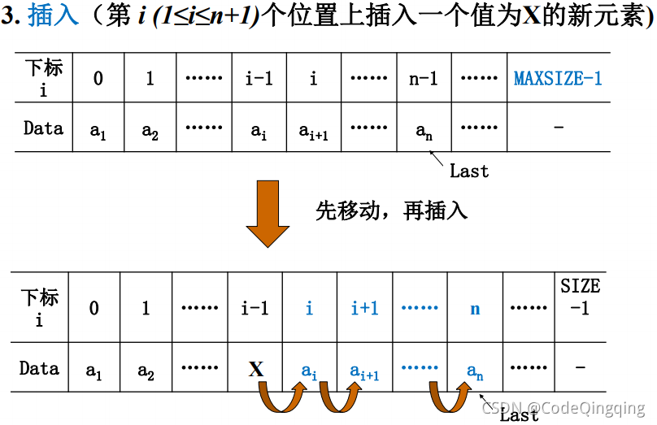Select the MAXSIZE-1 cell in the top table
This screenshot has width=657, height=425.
tap(558, 79)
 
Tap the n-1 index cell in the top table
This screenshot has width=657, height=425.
tap(424, 79)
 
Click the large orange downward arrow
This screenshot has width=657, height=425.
tap(268, 213)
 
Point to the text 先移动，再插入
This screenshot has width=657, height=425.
tap(391, 210)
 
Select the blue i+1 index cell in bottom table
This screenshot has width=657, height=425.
tap(364, 308)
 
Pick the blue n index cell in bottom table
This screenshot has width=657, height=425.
tap(475, 308)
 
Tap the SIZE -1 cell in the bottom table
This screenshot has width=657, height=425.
tap(580, 297)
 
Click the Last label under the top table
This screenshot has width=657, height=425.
tap(469, 171)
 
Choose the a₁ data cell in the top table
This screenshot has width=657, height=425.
tap(98, 129)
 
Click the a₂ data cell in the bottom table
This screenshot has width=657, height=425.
tap(146, 371)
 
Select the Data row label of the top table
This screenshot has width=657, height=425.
tap(43, 128)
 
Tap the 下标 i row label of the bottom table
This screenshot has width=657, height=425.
tap(40, 306)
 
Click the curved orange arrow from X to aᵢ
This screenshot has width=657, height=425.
tap(279, 399)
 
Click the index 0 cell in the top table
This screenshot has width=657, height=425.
tap(98, 79)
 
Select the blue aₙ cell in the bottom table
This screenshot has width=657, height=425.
tap(475, 371)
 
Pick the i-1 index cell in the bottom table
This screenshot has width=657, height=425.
tap(255, 308)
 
